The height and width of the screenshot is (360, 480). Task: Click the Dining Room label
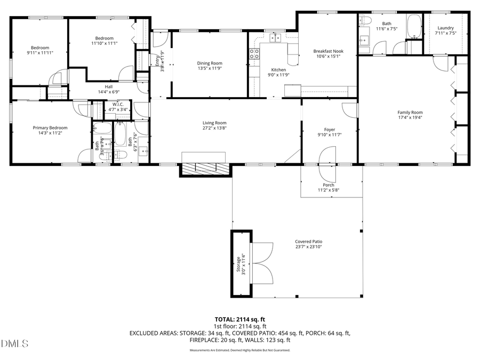point(210,63)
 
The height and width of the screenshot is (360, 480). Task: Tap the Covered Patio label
point(309,241)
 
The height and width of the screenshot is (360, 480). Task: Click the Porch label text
point(329,185)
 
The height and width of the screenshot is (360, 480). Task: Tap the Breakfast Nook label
point(328,51)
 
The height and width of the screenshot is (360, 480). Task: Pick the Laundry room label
point(445,28)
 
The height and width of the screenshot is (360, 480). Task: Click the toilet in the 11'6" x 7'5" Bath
point(365,21)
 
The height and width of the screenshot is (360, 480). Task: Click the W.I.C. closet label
point(118,104)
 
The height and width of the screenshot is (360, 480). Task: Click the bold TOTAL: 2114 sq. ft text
point(240,319)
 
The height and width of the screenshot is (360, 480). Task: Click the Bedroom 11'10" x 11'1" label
point(104,38)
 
